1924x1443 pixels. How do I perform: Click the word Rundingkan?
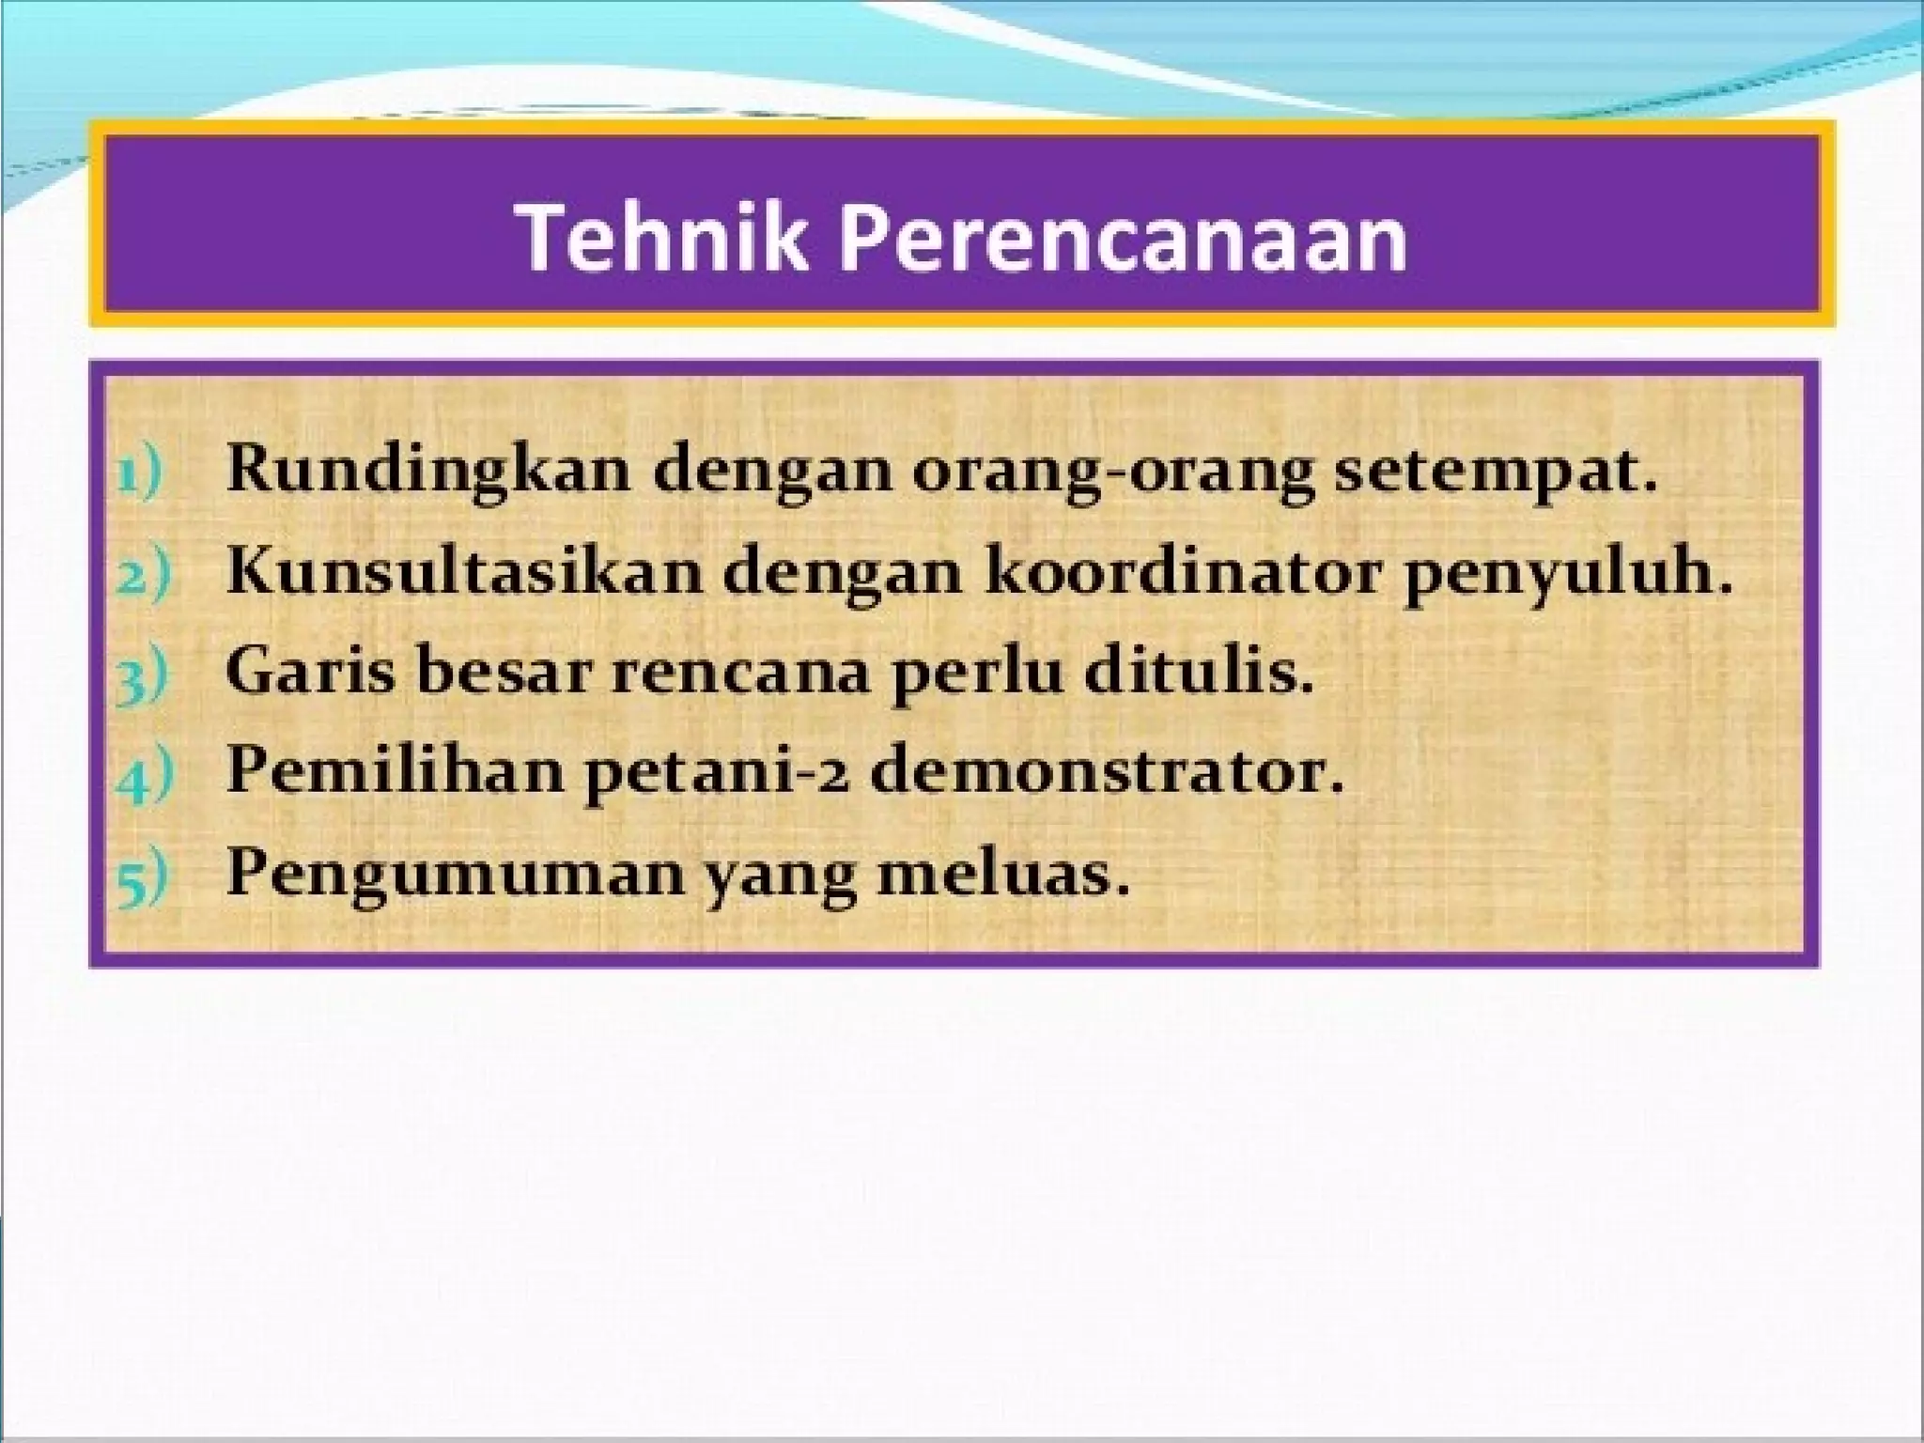[x=428, y=470]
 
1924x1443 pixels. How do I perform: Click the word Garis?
[x=311, y=671]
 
